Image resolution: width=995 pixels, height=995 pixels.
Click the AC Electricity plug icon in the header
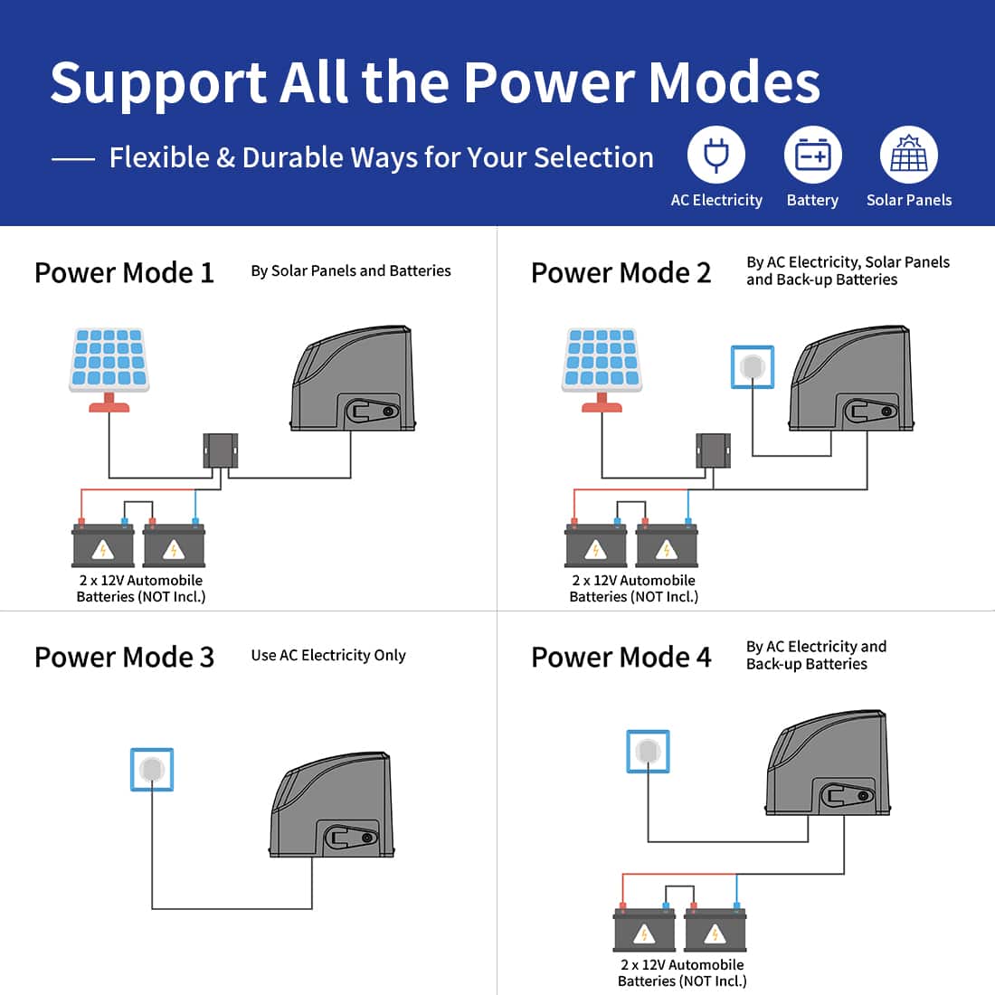click(x=716, y=156)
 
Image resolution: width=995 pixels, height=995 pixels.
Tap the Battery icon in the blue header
click(x=812, y=156)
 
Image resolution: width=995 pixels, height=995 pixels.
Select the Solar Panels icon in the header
click(x=908, y=156)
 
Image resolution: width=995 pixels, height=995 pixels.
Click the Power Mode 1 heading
click(x=124, y=272)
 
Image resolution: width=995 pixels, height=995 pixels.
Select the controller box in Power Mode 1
click(x=220, y=450)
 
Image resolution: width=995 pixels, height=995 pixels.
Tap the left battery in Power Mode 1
click(x=103, y=545)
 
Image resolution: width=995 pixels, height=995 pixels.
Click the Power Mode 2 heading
click(x=621, y=272)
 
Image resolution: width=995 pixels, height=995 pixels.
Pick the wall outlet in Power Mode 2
click(x=753, y=366)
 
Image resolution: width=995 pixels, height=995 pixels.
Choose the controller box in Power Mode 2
click(x=713, y=450)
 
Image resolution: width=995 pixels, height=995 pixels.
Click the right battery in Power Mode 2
click(x=667, y=545)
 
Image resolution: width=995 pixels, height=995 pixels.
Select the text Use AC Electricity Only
click(x=328, y=655)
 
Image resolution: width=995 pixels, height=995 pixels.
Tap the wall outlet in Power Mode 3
click(x=152, y=770)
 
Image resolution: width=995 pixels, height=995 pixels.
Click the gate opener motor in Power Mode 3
click(x=332, y=805)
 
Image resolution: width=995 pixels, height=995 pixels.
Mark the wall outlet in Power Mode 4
click(x=649, y=752)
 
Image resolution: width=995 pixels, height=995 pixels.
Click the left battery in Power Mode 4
click(x=644, y=930)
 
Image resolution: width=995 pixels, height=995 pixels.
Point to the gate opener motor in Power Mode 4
click(x=828, y=764)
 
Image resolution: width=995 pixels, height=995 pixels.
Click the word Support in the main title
click(x=156, y=83)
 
